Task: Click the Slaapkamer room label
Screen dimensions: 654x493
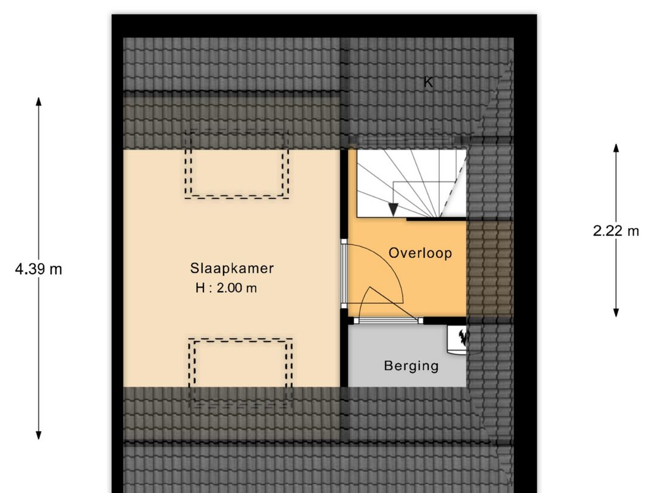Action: tap(232, 268)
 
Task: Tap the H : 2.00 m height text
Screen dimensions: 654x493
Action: tap(226, 288)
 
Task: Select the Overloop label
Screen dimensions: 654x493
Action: tap(420, 253)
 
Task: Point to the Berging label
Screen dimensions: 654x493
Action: tap(411, 366)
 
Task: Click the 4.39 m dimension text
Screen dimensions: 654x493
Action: tap(38, 269)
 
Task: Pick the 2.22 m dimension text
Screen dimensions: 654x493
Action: tap(616, 230)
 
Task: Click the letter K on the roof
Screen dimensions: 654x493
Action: tap(428, 82)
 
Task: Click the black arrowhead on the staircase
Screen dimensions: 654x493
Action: tap(393, 209)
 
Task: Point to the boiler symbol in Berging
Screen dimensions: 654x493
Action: tap(458, 340)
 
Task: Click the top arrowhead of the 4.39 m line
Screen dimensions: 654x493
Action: tap(38, 101)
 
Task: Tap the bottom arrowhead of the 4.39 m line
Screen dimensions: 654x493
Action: tap(38, 435)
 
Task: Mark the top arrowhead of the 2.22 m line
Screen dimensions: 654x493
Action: tap(616, 148)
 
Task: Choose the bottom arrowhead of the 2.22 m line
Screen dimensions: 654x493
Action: tap(616, 312)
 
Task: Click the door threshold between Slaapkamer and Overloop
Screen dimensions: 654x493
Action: tap(344, 273)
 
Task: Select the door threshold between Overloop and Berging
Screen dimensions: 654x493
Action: tap(388, 321)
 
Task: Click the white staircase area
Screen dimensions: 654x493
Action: tap(411, 184)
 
